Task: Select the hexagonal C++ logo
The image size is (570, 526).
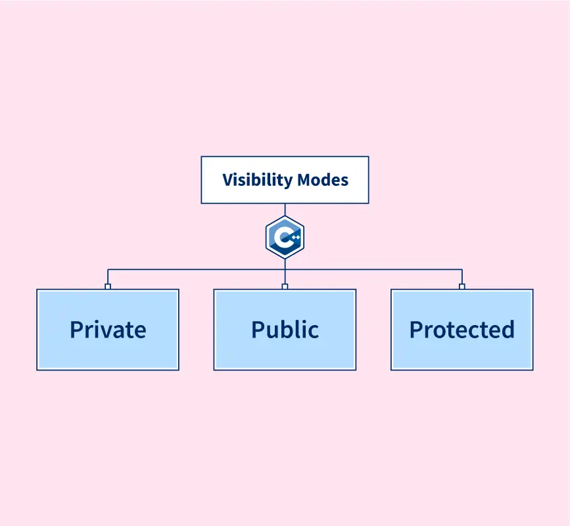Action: click(285, 237)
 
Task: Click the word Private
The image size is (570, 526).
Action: click(108, 329)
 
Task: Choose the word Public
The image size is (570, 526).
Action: click(285, 329)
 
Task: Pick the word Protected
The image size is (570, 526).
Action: click(462, 329)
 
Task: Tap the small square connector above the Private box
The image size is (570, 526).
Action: click(108, 286)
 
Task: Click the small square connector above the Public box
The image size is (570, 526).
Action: click(285, 286)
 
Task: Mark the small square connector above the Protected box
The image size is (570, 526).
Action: click(462, 286)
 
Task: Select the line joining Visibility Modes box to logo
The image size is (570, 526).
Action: click(285, 209)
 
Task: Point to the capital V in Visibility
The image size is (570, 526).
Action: click(227, 180)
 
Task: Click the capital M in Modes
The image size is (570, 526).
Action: click(305, 180)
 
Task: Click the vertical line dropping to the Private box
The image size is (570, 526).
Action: click(108, 276)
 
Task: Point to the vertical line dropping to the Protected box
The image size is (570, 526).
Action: click(462, 276)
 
